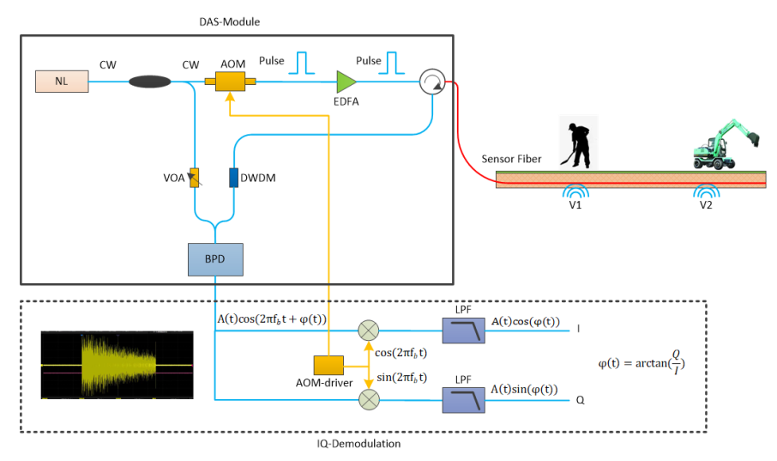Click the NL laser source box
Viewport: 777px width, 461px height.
click(61, 82)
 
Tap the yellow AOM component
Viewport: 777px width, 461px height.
click(229, 82)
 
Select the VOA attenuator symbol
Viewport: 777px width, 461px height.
click(195, 178)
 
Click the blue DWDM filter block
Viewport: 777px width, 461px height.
click(233, 178)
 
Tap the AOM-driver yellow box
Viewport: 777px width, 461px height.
click(328, 365)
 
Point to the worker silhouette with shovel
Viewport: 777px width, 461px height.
click(575, 142)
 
